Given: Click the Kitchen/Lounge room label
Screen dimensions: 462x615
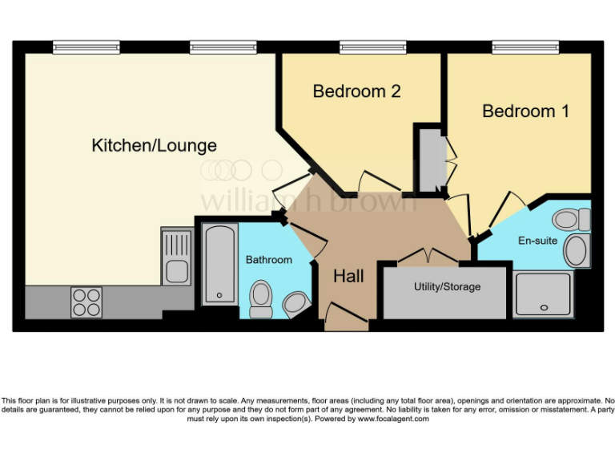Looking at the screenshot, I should pos(154,145).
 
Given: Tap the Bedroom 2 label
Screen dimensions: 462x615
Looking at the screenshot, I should pos(356,91).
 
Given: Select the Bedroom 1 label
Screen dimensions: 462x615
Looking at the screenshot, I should pos(525,111).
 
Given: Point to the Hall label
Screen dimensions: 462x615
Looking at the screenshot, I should pos(348,277).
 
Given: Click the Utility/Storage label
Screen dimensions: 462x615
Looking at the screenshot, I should pos(447,286).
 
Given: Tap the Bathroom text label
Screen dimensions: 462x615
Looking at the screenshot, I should pos(268,260).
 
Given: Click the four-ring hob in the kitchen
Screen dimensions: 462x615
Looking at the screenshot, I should pos(86,302).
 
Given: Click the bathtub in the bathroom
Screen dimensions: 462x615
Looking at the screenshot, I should pos(219,264).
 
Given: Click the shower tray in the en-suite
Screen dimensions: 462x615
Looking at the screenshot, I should pos(543,294).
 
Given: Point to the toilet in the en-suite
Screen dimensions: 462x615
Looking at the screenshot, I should pos(571,218).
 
